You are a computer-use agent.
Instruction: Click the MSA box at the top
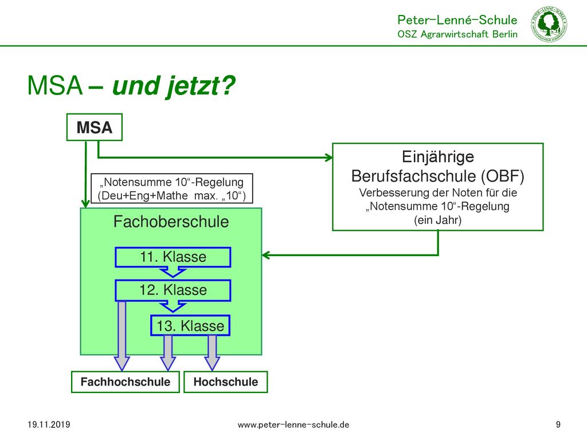click(x=95, y=127)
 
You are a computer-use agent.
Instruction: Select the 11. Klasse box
click(x=173, y=257)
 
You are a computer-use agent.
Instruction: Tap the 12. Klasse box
click(x=173, y=290)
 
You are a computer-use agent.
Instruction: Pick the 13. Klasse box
click(x=190, y=325)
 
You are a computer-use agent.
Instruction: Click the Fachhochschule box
click(x=126, y=382)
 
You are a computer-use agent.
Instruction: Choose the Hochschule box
click(x=226, y=382)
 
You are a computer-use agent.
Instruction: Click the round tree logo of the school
click(x=549, y=24)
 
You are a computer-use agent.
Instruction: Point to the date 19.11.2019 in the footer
click(x=49, y=425)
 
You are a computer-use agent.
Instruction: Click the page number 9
click(x=558, y=425)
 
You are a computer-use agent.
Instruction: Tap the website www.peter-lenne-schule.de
click(x=293, y=425)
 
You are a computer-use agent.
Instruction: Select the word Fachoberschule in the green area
click(x=171, y=222)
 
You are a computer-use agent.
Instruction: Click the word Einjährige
click(x=438, y=157)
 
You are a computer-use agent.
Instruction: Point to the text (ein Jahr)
click(x=437, y=220)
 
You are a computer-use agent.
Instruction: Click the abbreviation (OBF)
click(x=503, y=176)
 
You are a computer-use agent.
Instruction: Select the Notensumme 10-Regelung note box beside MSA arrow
click(x=172, y=188)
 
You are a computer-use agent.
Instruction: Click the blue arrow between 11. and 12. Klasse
click(x=173, y=272)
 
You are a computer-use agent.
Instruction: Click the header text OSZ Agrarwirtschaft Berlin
click(x=457, y=34)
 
